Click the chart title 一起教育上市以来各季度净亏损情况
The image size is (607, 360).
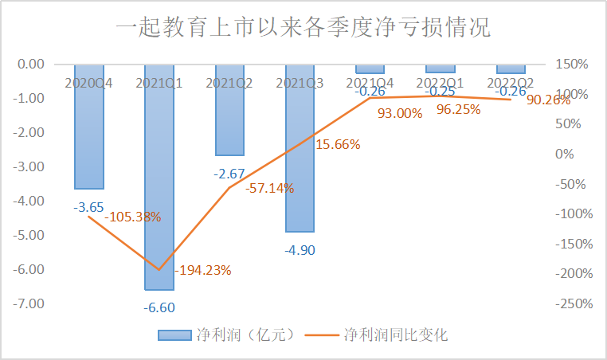303,29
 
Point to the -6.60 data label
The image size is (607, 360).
159,307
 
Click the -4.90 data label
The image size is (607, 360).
299,250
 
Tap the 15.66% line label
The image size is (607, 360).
338,145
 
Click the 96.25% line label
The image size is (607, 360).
458,110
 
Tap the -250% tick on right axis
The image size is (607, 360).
570,303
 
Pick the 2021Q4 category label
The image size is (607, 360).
369,81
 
